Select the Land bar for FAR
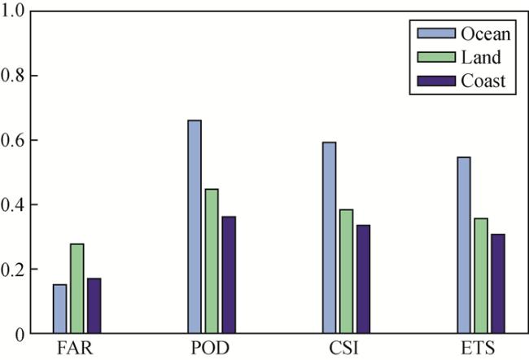77,288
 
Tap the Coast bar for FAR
94,305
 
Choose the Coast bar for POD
229,274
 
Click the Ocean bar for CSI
329,238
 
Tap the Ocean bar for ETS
464,244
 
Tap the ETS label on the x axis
481,348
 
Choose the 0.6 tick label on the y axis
15,140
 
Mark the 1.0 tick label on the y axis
15,11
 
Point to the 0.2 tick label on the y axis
15,269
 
